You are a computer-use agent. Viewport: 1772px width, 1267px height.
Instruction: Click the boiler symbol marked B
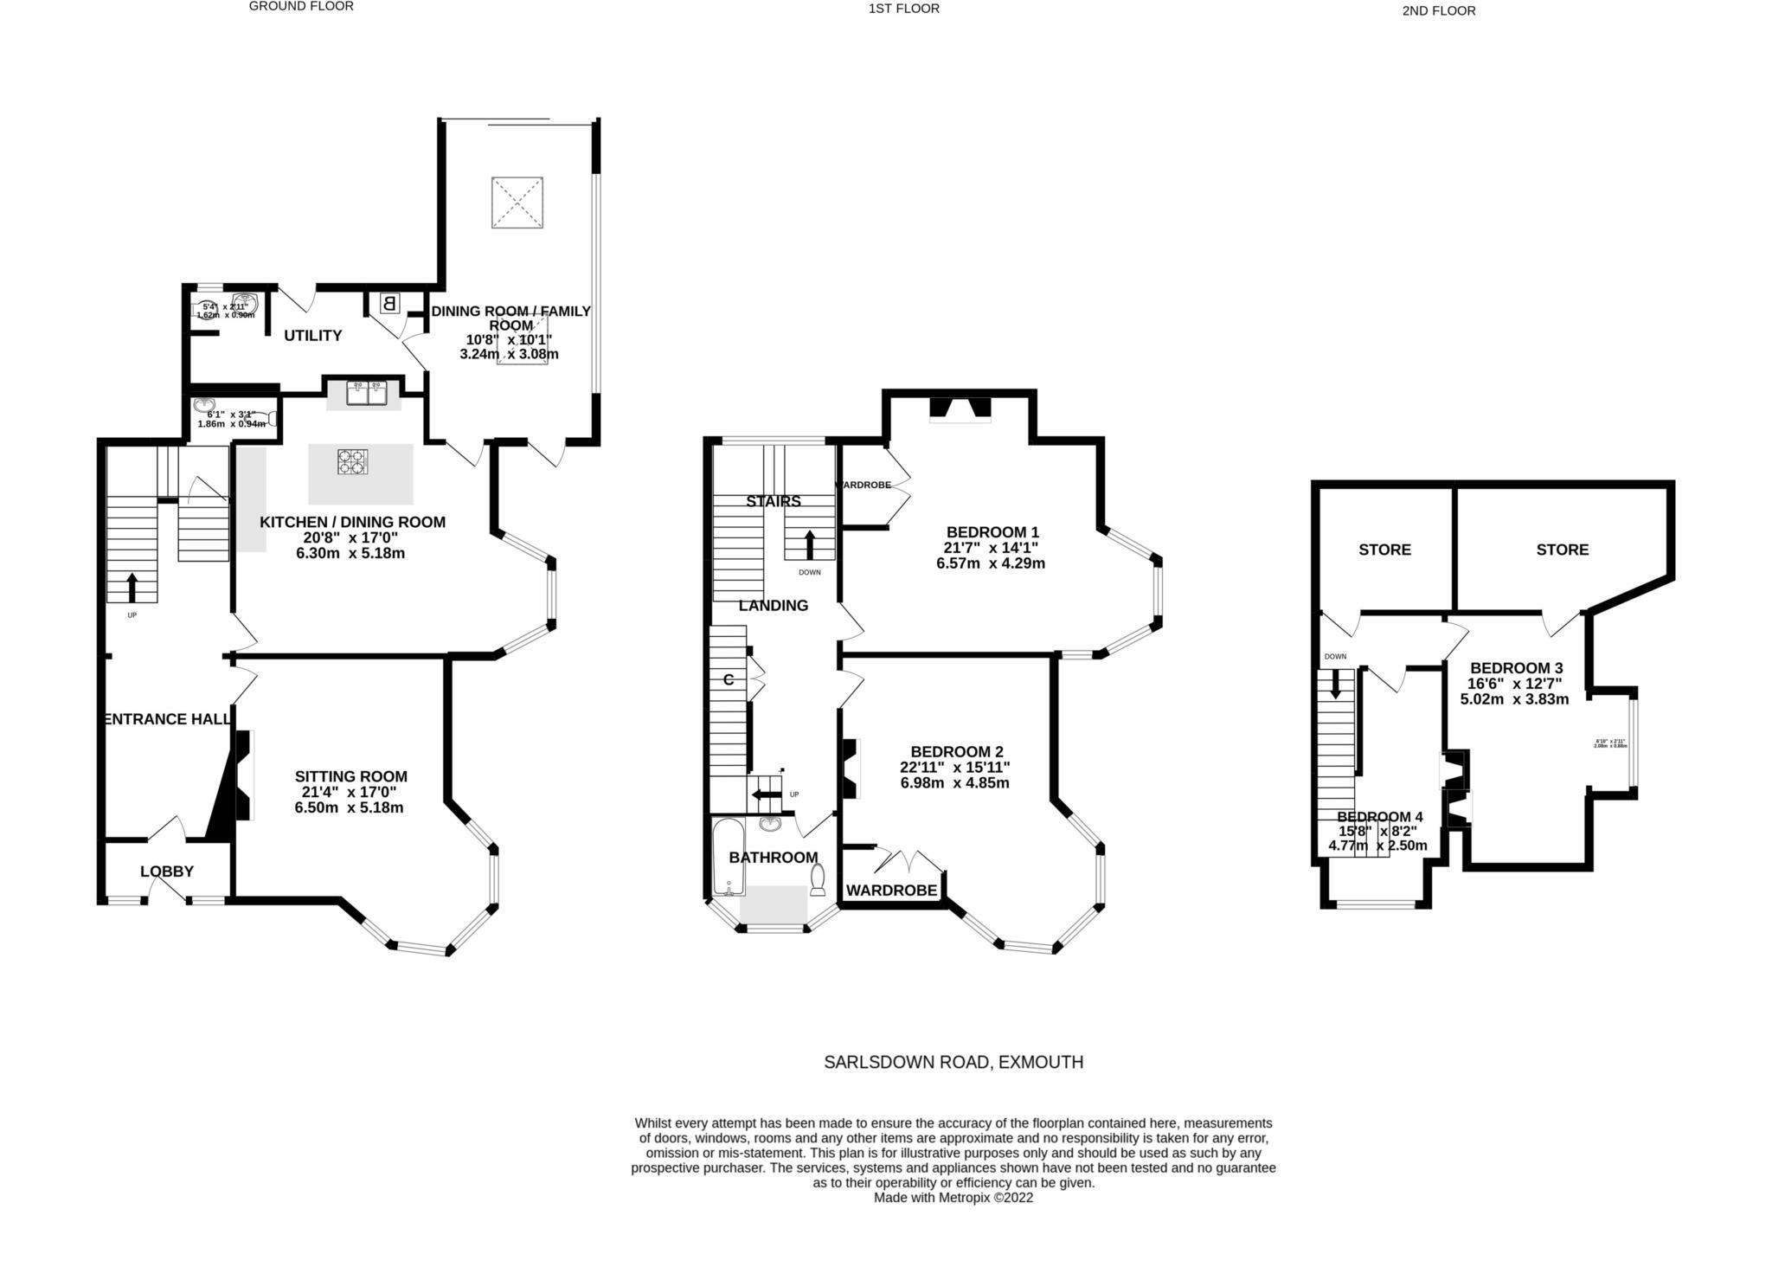coord(388,304)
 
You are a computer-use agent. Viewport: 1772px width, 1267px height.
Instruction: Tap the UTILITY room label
coord(313,336)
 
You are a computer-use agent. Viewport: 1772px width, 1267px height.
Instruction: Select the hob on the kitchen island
coord(352,460)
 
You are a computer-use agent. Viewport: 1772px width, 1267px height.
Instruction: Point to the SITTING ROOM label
coord(350,776)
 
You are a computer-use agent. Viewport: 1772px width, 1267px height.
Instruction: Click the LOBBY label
coord(167,871)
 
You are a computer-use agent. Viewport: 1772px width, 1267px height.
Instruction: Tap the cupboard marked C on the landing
coord(729,680)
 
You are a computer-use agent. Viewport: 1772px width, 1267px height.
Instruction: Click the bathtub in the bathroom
coord(725,857)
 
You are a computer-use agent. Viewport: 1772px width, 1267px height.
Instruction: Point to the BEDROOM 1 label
coord(992,532)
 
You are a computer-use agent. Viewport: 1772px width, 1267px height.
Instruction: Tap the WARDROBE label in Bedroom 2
coord(891,891)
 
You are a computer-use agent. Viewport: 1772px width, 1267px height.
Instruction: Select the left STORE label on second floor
coord(1384,550)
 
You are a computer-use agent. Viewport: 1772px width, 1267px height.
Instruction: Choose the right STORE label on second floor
coord(1563,550)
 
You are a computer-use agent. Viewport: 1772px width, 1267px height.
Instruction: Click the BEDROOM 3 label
coord(1517,668)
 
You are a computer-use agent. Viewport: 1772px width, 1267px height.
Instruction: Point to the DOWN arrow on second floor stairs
coord(1335,684)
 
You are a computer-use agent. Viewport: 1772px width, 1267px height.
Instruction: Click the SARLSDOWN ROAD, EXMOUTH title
coord(953,1062)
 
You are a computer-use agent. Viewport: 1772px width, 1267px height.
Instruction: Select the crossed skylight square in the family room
coord(517,203)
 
